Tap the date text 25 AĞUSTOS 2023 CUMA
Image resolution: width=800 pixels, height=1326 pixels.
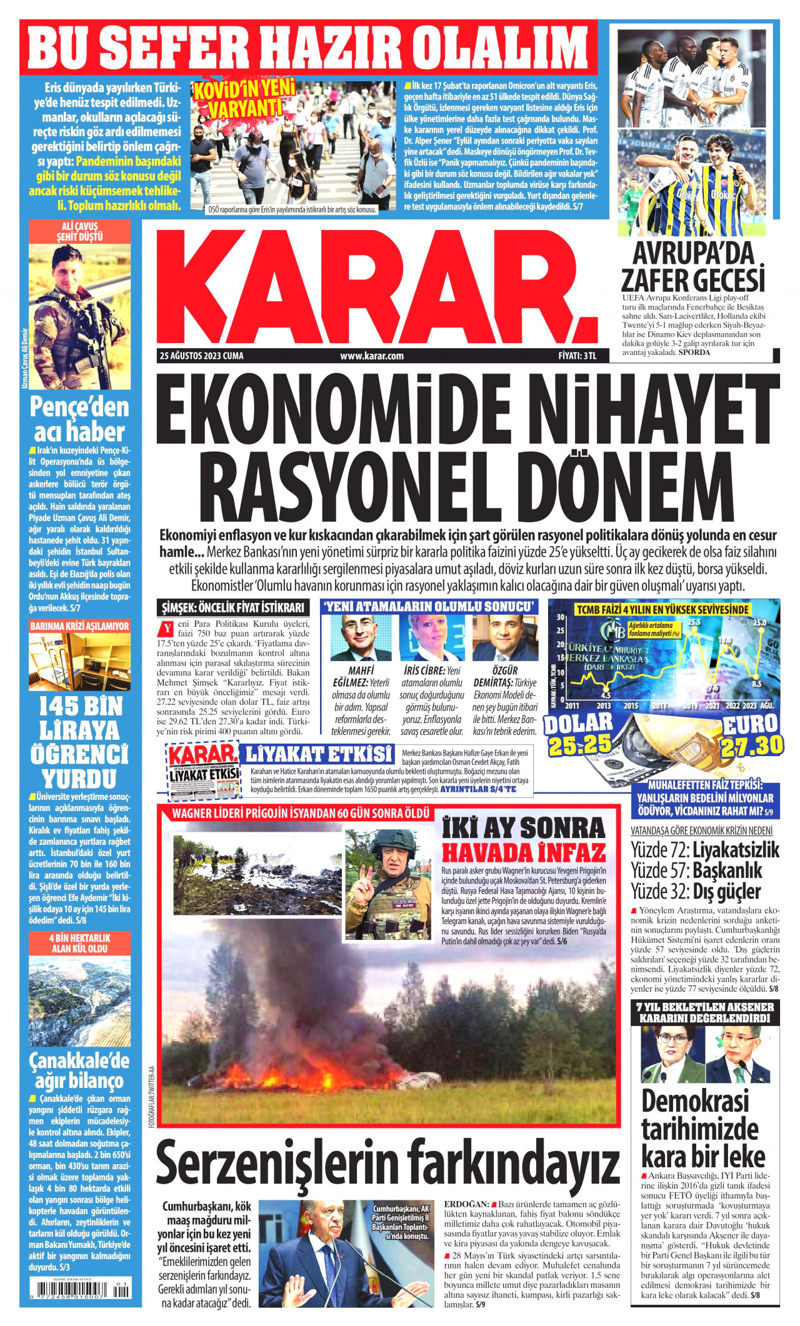click(201, 356)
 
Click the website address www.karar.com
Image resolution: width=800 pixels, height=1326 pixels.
click(372, 356)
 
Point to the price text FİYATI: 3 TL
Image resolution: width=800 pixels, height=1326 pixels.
click(577, 356)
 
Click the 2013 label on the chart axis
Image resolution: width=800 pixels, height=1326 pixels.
click(603, 705)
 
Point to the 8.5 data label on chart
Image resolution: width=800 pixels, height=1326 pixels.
click(756, 684)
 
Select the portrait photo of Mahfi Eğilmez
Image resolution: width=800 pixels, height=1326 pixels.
click(361, 638)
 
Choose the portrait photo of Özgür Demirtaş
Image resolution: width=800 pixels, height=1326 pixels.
click(505, 638)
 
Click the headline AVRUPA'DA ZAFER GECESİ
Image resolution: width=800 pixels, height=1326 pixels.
click(693, 267)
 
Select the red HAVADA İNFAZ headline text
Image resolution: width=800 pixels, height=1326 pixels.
click(524, 852)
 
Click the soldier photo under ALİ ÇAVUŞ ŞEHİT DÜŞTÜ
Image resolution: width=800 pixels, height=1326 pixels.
click(79, 316)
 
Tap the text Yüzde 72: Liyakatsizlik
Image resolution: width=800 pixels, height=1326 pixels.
click(705, 850)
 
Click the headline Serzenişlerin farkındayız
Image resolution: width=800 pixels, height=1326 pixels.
click(387, 1162)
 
